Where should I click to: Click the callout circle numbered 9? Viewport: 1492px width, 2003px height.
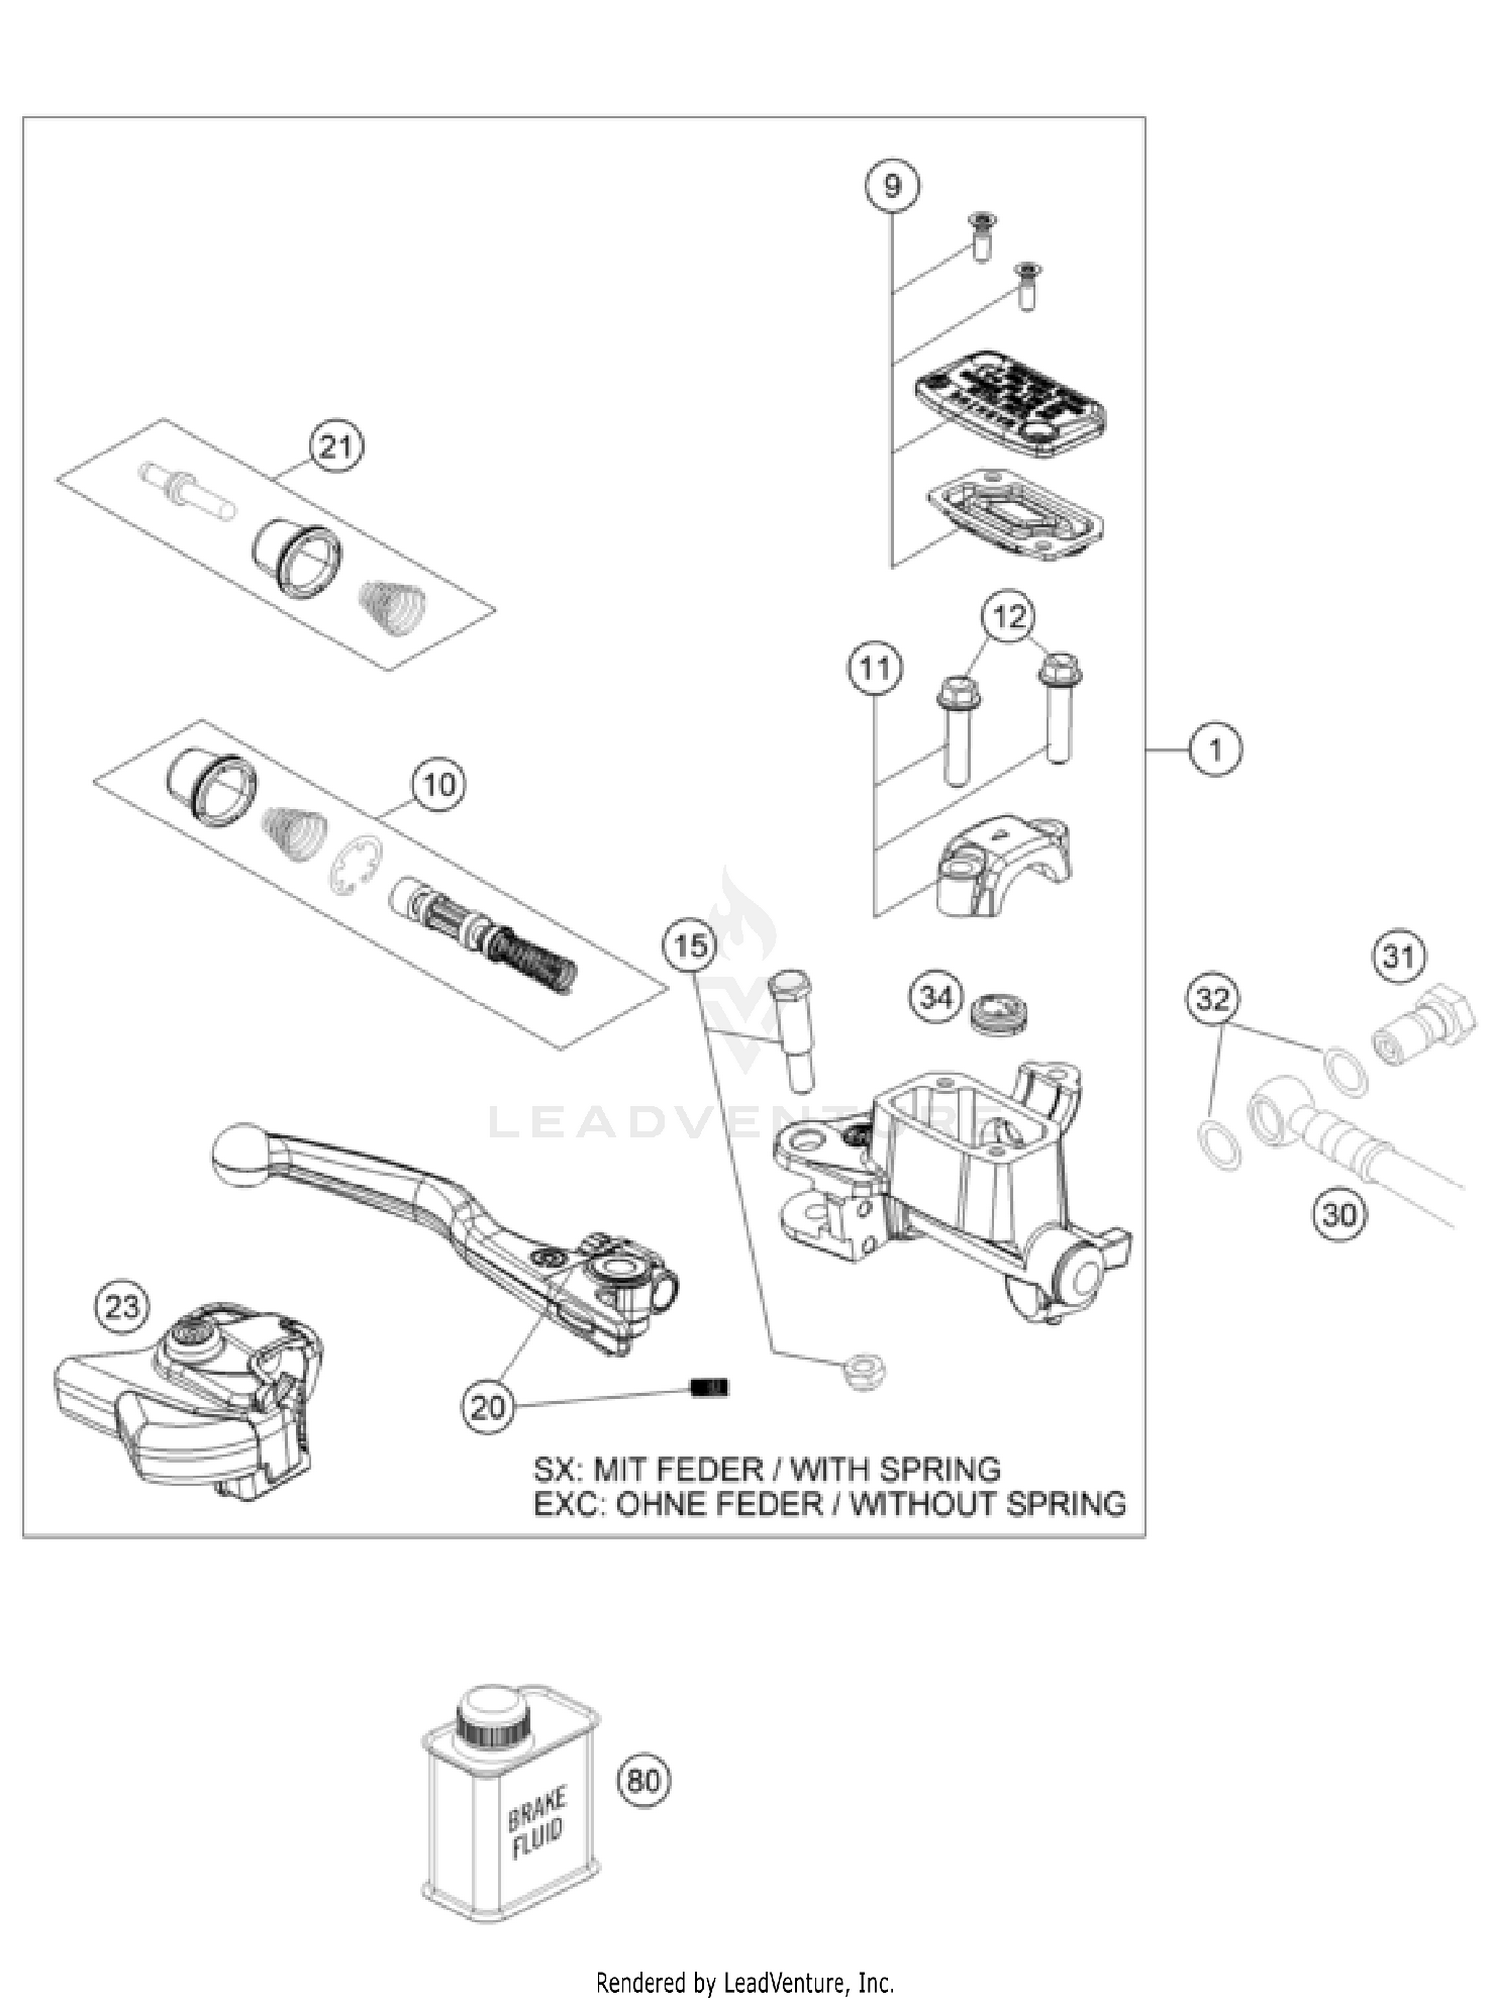(891, 186)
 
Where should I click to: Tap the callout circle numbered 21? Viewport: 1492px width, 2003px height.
(335, 447)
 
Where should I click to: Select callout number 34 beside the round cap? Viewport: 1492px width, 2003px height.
(936, 997)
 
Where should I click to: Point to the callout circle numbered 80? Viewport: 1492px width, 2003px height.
(644, 1779)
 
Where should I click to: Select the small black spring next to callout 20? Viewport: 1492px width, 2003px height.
(709, 1387)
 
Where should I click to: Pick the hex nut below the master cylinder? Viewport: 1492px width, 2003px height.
(862, 1372)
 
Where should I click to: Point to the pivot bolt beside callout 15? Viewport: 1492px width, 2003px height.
(792, 1030)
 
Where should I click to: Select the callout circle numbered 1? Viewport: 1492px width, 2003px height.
(1214, 748)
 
